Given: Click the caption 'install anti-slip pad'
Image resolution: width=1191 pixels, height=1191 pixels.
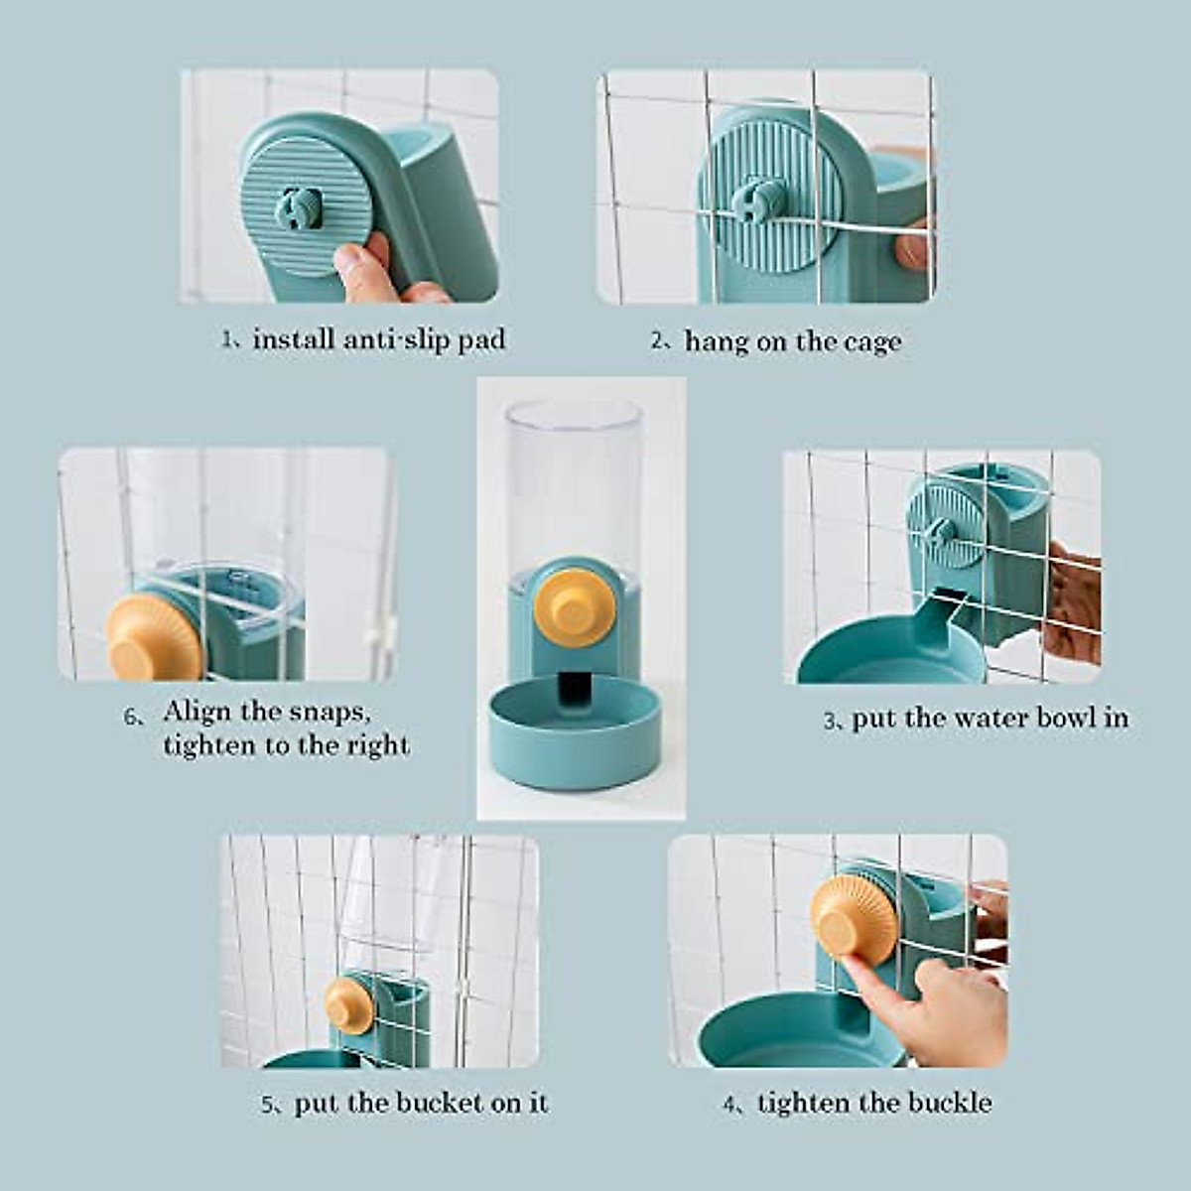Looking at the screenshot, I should point(377,339).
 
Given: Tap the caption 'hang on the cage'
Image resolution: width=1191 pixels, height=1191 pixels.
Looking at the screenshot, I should point(792,341).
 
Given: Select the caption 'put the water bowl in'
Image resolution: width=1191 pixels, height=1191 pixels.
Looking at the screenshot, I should point(990,718).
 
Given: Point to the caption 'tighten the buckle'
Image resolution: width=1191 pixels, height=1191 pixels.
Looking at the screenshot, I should point(873,1103).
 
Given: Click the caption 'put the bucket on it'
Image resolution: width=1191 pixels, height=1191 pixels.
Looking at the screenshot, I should point(420,1103).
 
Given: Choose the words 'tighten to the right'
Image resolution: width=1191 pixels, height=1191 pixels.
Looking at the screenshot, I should point(286,745).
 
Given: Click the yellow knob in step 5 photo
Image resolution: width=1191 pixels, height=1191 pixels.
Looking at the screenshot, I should point(349,1004).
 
